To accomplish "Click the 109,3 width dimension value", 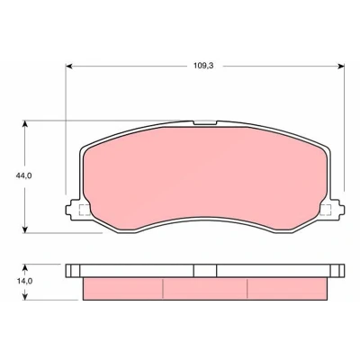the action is [203, 66].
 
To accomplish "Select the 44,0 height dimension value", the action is [24, 175].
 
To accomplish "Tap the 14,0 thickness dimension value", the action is [24, 282].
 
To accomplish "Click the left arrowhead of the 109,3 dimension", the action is [69, 66].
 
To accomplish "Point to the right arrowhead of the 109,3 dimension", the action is [341, 66].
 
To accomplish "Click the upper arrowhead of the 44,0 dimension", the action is [25, 124].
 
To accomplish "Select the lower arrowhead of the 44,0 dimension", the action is [25, 229].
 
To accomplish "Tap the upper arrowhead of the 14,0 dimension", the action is [25, 268].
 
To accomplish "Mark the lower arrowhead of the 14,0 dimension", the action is [25, 296].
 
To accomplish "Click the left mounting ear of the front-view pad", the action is [73, 210].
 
